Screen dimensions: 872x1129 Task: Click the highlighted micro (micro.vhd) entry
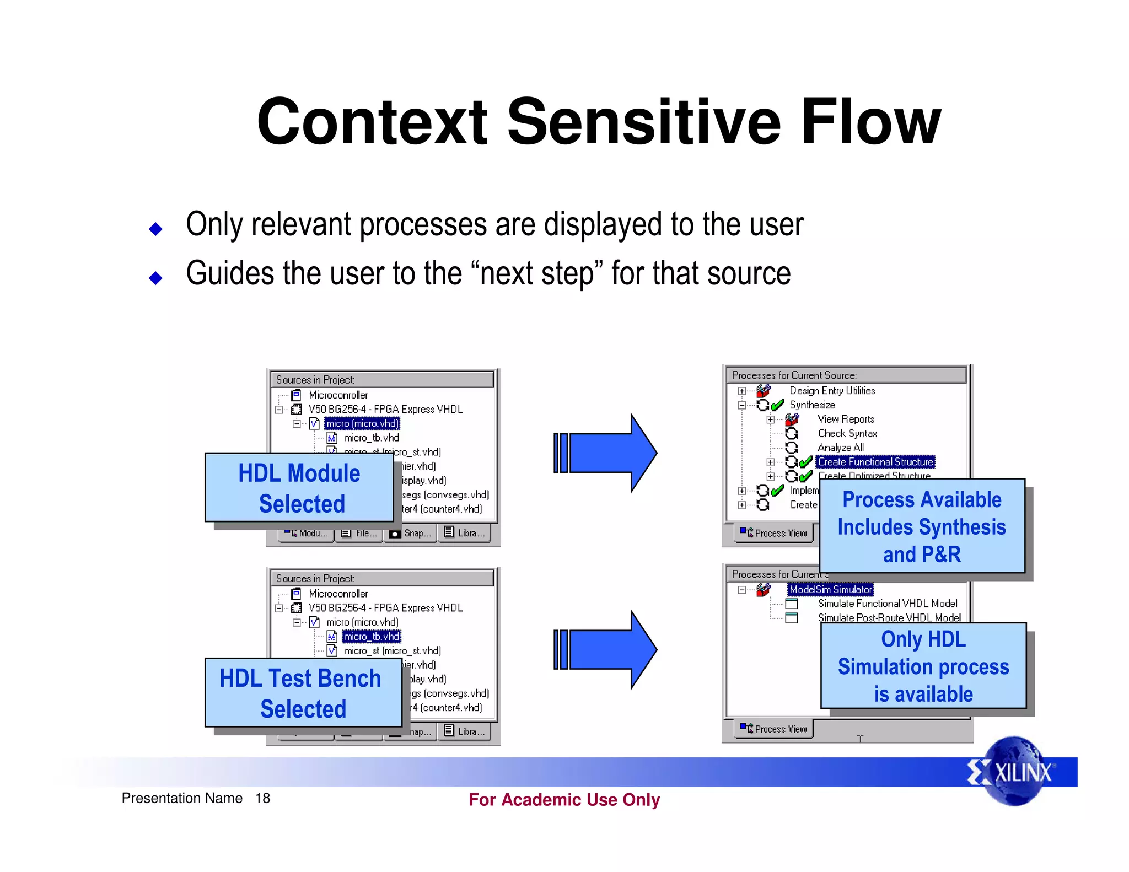tap(362, 423)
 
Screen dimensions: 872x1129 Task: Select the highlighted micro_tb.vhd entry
tap(372, 636)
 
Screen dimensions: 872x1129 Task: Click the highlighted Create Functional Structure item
tap(875, 462)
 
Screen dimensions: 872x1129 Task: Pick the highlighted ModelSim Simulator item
tap(830, 589)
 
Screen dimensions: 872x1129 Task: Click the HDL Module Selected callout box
tap(299, 488)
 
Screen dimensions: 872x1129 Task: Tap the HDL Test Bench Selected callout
tap(303, 693)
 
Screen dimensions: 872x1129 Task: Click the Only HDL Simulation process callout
tap(923, 666)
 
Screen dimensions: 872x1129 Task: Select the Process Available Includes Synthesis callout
tap(922, 526)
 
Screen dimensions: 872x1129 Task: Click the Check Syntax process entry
tap(847, 433)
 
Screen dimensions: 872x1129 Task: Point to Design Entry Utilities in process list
tap(832, 390)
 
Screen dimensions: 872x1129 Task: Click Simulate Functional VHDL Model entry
tap(887, 604)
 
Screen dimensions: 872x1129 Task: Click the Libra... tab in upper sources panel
tap(465, 533)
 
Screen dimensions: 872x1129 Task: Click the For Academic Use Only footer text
tap(564, 799)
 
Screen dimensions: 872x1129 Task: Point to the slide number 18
tap(262, 798)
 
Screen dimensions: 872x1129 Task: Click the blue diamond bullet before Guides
tap(156, 277)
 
